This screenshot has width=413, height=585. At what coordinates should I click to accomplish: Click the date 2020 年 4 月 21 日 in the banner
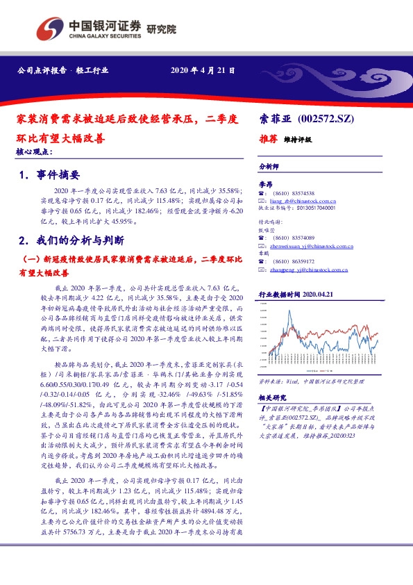(x=203, y=70)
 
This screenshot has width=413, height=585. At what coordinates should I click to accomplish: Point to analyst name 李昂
(x=266, y=184)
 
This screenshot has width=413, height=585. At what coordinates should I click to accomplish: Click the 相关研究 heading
(x=272, y=397)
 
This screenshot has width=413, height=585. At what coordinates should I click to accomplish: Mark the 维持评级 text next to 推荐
(x=298, y=140)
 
